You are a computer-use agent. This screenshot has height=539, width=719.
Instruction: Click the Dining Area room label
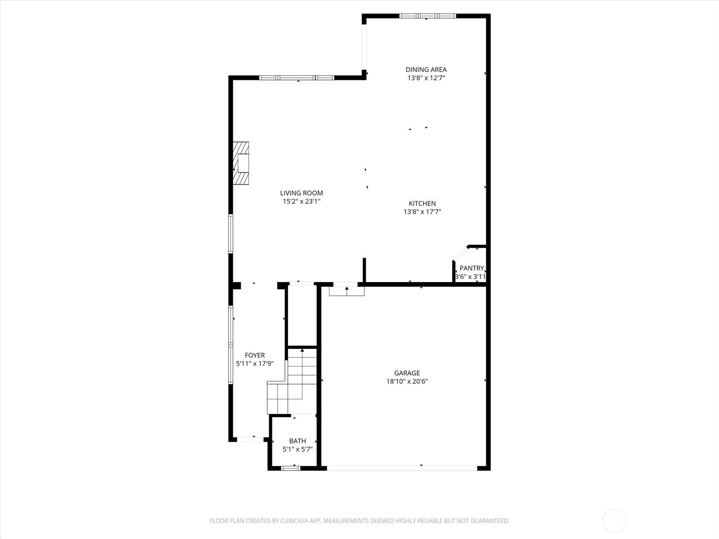[426, 70]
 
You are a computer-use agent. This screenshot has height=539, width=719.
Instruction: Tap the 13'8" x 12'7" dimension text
[426, 78]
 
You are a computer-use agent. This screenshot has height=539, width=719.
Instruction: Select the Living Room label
[302, 193]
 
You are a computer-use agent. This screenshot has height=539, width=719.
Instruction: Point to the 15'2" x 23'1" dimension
[302, 201]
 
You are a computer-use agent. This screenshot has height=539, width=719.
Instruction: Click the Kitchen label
[422, 203]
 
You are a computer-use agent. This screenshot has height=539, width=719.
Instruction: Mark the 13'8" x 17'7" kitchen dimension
[422, 212]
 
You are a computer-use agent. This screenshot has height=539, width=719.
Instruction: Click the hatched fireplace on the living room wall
[241, 163]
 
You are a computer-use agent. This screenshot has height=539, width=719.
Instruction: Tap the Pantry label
[471, 268]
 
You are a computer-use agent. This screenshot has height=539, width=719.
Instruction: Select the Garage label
[407, 373]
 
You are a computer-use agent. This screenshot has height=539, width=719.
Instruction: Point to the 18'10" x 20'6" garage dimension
[407, 381]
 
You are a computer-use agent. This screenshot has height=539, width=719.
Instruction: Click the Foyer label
[255, 355]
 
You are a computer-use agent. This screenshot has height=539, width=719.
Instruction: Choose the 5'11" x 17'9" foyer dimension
[255, 364]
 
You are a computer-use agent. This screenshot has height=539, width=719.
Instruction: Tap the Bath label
[297, 441]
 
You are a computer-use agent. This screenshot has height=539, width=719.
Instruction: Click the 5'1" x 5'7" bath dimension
[297, 449]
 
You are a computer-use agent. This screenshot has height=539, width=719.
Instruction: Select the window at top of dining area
[427, 16]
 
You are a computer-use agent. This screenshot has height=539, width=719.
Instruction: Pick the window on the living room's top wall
[297, 78]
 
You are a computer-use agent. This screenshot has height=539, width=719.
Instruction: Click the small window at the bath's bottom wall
[290, 468]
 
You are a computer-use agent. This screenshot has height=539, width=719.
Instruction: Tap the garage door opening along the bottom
[402, 468]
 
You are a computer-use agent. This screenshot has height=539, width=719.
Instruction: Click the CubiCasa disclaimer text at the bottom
[359, 521]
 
